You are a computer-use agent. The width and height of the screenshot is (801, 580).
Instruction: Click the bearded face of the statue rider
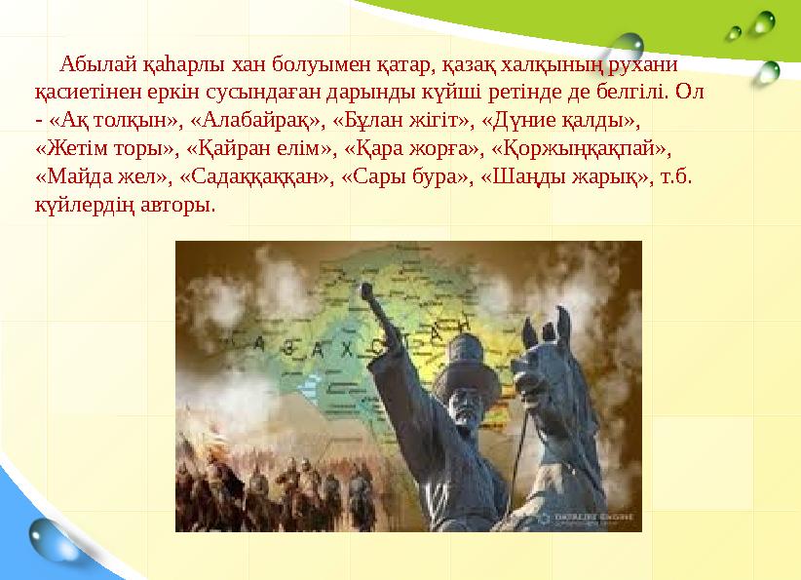[466, 401]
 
